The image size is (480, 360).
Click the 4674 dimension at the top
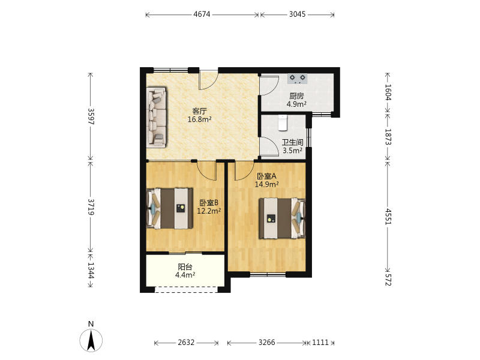coord(202,14)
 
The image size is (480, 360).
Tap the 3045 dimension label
coord(297,14)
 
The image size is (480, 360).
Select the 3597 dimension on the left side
coord(91,116)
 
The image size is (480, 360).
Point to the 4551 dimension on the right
coord(388,217)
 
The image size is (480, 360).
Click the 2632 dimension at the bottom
coord(186,342)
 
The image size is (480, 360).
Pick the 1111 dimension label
coord(320,342)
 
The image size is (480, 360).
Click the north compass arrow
coord(91,340)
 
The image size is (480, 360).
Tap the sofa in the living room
coord(157,116)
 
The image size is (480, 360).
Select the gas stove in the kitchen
coord(297,79)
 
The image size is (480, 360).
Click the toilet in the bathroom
coord(283,122)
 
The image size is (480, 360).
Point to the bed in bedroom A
coord(282,218)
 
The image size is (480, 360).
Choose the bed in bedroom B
coord(170,208)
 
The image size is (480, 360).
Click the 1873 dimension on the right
coord(388,137)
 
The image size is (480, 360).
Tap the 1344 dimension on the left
coord(91,271)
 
